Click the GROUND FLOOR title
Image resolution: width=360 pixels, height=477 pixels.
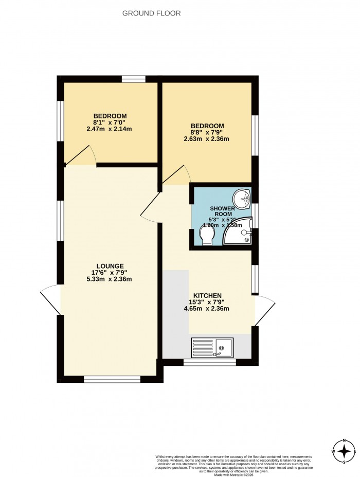click(151, 13)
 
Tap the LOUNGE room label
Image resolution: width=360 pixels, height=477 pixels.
click(112, 266)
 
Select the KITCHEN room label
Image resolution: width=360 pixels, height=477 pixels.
click(208, 295)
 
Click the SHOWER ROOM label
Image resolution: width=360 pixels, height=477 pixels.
click(222, 211)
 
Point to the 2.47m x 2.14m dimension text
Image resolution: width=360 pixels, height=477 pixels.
click(110, 129)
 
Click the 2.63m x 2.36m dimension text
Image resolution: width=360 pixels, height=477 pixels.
click(207, 138)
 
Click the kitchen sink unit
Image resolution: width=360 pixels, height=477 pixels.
click(212, 347)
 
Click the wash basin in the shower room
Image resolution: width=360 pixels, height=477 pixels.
click(241, 197)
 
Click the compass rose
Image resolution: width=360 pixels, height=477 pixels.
click(344, 451)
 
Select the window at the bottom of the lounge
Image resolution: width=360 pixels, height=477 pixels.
click(112, 379)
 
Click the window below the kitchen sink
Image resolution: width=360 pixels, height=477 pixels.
click(209, 362)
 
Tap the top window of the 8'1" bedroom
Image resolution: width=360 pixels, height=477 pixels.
click(133, 79)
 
